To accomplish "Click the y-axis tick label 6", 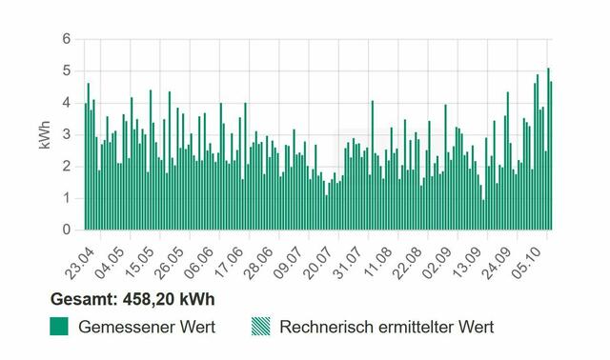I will (67, 39).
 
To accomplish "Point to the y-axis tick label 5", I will (67, 70).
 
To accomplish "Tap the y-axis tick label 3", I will (67, 134).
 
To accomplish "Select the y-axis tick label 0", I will (67, 230).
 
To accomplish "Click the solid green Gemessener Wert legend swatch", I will (61, 327).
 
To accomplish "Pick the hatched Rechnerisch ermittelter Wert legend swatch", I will (260, 327).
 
